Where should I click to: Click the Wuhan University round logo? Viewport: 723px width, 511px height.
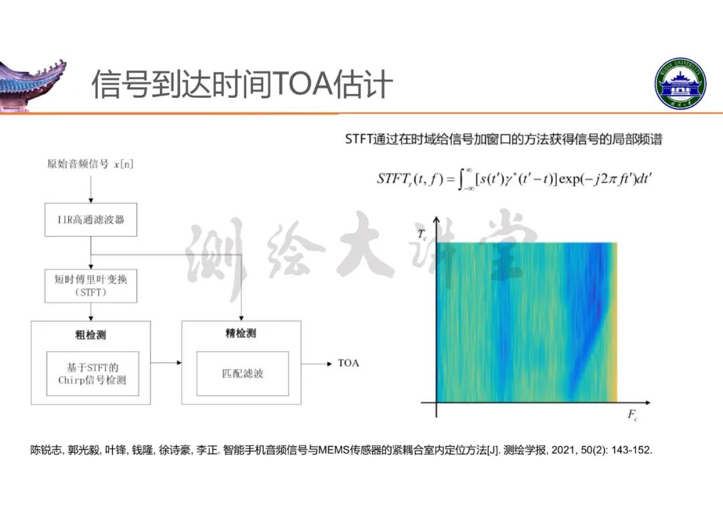pyautogui.click(x=680, y=84)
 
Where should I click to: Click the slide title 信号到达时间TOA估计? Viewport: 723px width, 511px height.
pyautogui.click(x=242, y=84)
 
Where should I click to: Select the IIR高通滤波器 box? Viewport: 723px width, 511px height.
pyautogui.click(x=91, y=220)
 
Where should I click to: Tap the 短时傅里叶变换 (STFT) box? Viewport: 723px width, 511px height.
pyautogui.click(x=91, y=286)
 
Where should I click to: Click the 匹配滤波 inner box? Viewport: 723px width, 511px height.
pyautogui.click(x=242, y=374)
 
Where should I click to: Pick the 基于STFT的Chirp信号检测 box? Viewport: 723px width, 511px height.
pyautogui.click(x=92, y=374)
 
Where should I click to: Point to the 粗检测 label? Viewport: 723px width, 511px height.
pyautogui.click(x=90, y=335)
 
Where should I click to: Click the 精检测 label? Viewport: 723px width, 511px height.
pyautogui.click(x=241, y=333)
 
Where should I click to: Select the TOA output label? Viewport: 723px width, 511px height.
pyautogui.click(x=348, y=364)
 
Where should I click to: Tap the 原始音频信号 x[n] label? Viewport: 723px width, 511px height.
pyautogui.click(x=90, y=164)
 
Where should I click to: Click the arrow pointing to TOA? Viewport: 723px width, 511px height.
pyautogui.click(x=317, y=364)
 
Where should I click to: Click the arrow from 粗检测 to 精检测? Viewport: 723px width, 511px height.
pyautogui.click(x=166, y=362)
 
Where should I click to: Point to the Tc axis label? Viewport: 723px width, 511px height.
pyautogui.click(x=422, y=235)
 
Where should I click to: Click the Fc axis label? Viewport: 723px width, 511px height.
pyautogui.click(x=632, y=415)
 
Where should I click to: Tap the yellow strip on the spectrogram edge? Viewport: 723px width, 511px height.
pyautogui.click(x=613, y=322)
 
